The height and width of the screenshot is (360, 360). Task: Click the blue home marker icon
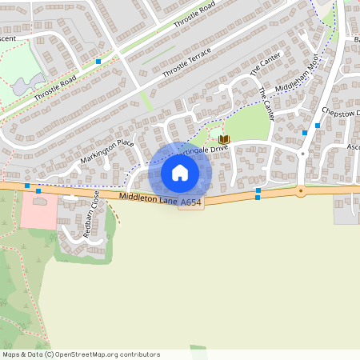pos(180,173)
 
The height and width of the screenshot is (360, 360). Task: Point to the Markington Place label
pos(106,153)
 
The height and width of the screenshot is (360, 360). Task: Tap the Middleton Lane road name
pos(147,200)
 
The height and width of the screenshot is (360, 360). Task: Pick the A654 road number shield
pos(190,205)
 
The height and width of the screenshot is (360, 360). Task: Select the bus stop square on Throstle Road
pos(98,61)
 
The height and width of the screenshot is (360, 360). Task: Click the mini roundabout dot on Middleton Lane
pos(301,190)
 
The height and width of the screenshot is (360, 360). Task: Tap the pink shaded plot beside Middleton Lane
pos(38,210)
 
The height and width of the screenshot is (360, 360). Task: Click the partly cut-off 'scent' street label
pos(8,38)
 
